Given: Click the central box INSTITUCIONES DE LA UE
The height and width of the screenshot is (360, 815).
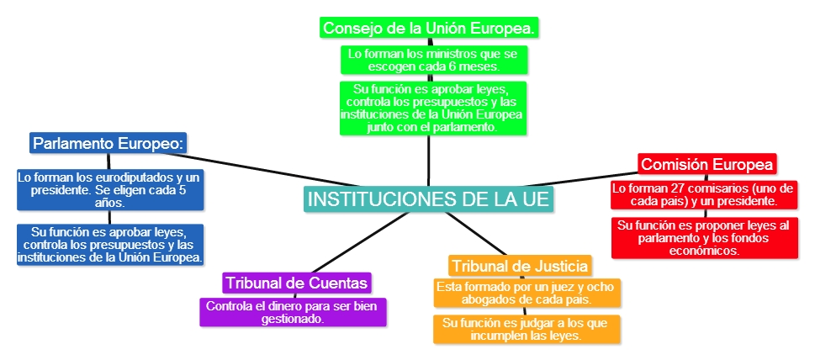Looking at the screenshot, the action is pos(429,200).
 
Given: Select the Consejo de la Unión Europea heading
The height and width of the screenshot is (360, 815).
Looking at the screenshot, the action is pos(429,28).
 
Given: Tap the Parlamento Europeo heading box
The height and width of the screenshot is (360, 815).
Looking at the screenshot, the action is pos(108,143).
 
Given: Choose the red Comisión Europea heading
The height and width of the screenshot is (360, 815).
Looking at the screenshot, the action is pos(707,163).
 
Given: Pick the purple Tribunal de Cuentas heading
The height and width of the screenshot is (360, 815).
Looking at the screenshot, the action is pos(296,282).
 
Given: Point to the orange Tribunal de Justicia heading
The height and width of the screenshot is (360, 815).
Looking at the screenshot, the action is pos(519,266).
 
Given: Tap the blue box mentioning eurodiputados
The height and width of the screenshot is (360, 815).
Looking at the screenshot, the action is pos(109,190).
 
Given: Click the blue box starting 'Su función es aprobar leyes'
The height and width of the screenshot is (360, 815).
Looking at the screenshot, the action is pos(109,244).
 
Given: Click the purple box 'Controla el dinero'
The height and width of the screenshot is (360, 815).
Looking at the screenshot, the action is pos(293,312).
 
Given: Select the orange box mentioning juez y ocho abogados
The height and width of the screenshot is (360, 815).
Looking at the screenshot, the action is pos(527,293).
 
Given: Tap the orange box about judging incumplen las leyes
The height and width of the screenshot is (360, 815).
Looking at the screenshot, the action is pos(527,329).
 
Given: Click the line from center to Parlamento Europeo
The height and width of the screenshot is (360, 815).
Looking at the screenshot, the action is pos(252,168).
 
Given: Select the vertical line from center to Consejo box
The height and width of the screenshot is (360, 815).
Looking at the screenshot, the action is pos(429,160).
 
